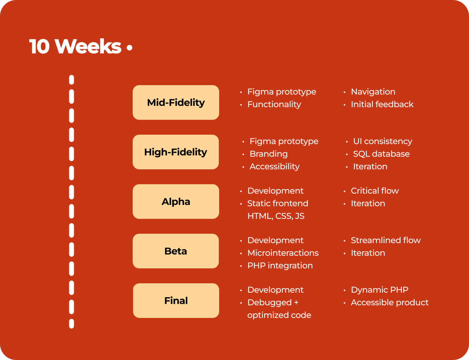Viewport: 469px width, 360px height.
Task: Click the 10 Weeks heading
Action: (75, 46)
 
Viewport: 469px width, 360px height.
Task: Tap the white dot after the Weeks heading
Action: (129, 48)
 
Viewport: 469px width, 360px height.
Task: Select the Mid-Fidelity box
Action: (176, 103)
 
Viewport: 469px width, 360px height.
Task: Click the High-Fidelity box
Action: (176, 152)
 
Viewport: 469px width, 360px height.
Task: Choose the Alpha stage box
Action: (176, 202)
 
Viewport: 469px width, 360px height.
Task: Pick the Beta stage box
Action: (176, 251)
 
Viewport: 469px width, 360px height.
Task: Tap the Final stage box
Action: (176, 301)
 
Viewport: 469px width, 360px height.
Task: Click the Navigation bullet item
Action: (373, 92)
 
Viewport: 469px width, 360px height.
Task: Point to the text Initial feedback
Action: (382, 105)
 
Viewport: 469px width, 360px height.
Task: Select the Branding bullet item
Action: (269, 154)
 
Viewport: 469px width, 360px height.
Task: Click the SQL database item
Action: (381, 154)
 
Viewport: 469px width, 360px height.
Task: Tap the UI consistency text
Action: (383, 141)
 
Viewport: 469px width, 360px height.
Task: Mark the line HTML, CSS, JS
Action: (276, 216)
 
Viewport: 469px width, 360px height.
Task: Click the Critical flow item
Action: (375, 191)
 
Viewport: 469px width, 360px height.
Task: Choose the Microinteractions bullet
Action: (283, 253)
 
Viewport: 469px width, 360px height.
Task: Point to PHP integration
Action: (280, 266)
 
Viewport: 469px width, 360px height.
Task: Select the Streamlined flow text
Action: (386, 241)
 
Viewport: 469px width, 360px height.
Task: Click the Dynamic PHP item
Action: (380, 290)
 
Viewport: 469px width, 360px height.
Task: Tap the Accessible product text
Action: (390, 303)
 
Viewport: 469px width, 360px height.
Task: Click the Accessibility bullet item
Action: (274, 167)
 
